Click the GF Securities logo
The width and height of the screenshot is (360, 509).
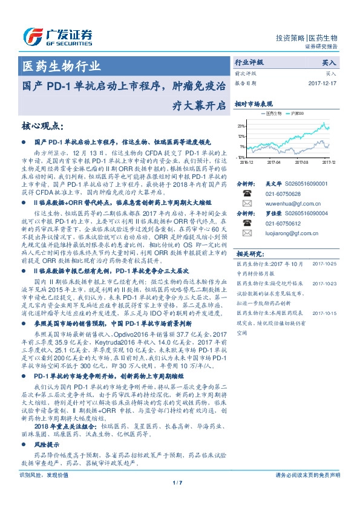57,36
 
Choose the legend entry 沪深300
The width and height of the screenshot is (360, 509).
296,113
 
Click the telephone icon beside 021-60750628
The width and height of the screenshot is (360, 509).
247,193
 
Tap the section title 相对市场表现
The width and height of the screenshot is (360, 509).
254,104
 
